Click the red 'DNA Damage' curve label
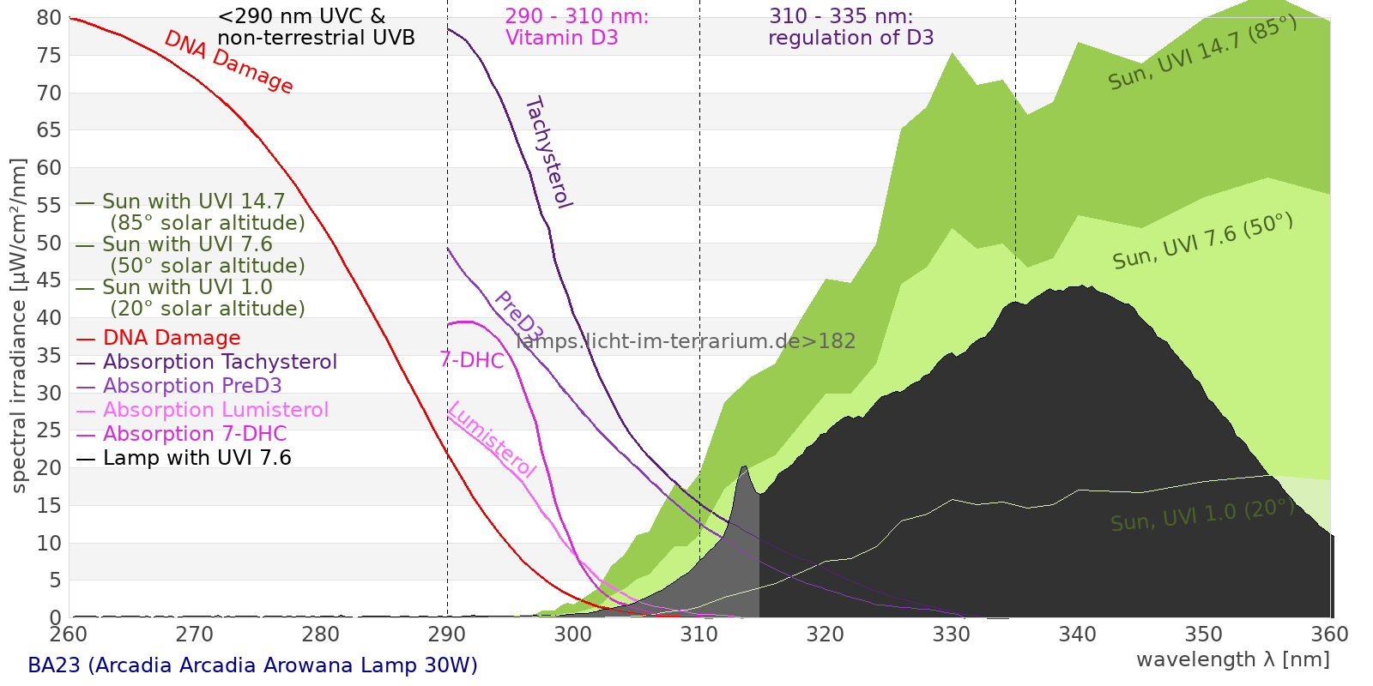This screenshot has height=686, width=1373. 228,62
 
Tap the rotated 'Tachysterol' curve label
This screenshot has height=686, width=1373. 547,153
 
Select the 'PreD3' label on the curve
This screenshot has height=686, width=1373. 518,316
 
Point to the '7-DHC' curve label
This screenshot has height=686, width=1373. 472,360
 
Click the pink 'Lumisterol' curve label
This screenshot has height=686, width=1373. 492,439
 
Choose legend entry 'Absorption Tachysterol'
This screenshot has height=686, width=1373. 219,362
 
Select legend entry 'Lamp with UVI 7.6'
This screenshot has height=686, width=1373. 197,458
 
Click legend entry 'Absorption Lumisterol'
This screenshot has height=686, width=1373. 215,410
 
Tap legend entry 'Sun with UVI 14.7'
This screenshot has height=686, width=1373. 193,202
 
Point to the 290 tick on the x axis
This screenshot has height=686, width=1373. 447,635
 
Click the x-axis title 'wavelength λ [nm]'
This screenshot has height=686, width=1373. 1232,659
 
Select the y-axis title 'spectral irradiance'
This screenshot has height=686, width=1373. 19,326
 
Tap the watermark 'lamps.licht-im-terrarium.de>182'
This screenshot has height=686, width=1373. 686,341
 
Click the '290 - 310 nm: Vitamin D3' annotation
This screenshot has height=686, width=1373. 576,27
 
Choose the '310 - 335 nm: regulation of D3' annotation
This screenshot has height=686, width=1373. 850,27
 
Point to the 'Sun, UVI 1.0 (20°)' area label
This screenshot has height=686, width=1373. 1201,516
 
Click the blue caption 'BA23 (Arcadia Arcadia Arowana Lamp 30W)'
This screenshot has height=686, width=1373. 252,665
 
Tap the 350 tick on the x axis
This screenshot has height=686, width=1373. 1204,635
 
